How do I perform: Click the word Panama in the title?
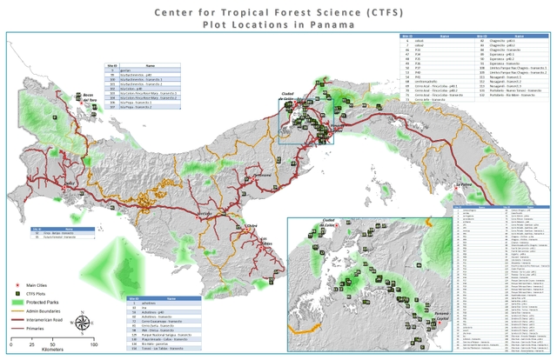click(x=331, y=25)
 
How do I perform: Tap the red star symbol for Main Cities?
click(x=17, y=285)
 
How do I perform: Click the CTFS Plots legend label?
click(x=40, y=294)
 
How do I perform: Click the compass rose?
click(x=80, y=324)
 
